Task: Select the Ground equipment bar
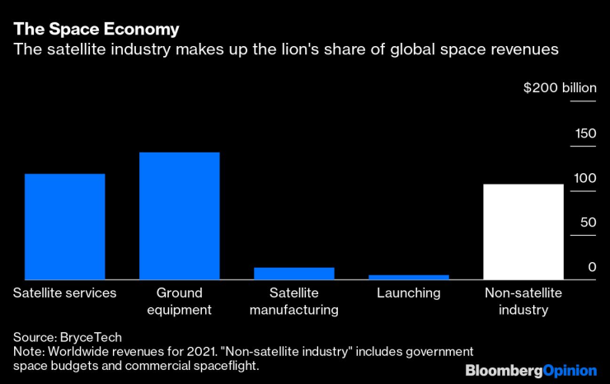tap(179, 216)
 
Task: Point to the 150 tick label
tap(584, 133)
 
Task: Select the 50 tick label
tap(587, 222)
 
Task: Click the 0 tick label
tap(591, 267)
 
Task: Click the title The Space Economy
tap(96, 29)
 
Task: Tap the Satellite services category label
tap(65, 293)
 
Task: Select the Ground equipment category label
tap(179, 301)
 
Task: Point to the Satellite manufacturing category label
tap(294, 301)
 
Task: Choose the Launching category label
tap(409, 293)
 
